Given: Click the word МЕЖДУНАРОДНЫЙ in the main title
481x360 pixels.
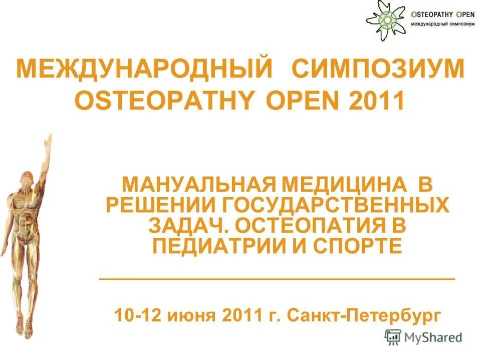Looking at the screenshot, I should (146, 68).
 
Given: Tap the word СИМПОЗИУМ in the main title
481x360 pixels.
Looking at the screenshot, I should (379, 68).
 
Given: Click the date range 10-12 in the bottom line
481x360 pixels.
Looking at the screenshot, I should (137, 315).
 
